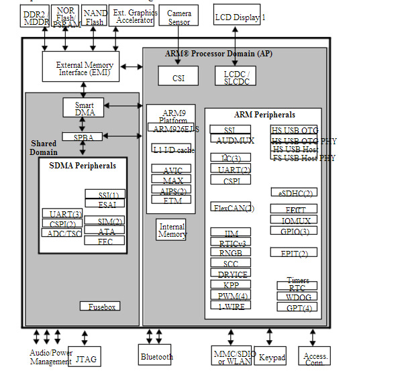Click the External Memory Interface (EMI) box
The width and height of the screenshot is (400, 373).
(x=85, y=68)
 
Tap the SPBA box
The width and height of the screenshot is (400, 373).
(x=83, y=137)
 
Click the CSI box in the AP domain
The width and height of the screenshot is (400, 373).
(x=179, y=76)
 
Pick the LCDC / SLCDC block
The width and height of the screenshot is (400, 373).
(x=235, y=76)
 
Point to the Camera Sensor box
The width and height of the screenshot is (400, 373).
(x=179, y=17)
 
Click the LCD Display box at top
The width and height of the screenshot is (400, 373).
(x=237, y=17)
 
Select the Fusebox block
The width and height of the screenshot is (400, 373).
(x=101, y=306)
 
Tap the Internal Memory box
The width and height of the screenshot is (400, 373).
(x=172, y=230)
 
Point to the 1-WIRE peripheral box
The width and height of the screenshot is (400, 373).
(x=230, y=305)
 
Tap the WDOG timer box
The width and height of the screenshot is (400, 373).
(x=297, y=296)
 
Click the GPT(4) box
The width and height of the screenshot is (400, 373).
(x=297, y=307)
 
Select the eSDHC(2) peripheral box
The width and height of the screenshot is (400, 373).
(x=295, y=193)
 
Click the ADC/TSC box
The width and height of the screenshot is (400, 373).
(x=62, y=233)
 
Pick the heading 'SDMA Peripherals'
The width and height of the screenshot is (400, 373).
(x=83, y=165)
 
